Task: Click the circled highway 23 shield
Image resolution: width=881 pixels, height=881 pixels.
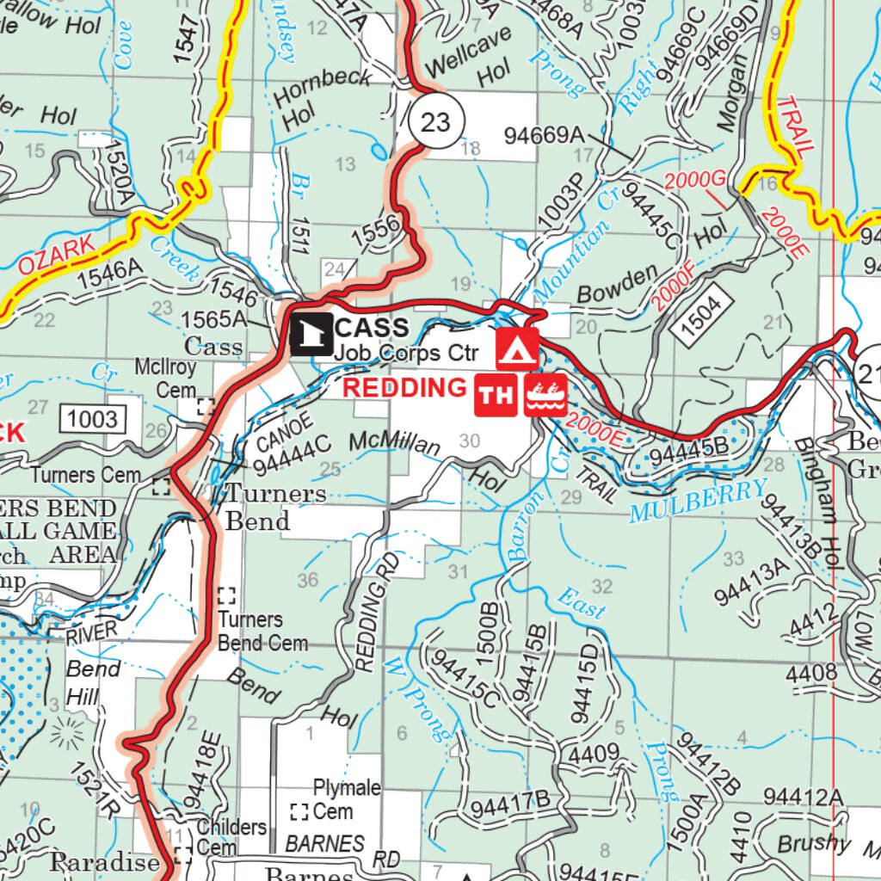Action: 435,121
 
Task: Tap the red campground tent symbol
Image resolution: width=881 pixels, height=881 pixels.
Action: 517,348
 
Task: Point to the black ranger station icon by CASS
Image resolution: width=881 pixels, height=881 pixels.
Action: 311,335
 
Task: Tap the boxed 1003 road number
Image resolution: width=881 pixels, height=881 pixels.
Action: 93,419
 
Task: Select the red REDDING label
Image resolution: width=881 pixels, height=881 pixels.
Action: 404,388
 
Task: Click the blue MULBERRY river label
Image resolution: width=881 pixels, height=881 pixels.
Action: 697,502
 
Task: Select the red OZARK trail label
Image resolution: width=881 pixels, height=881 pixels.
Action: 55,256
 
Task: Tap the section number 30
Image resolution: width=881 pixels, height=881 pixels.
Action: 470,441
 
